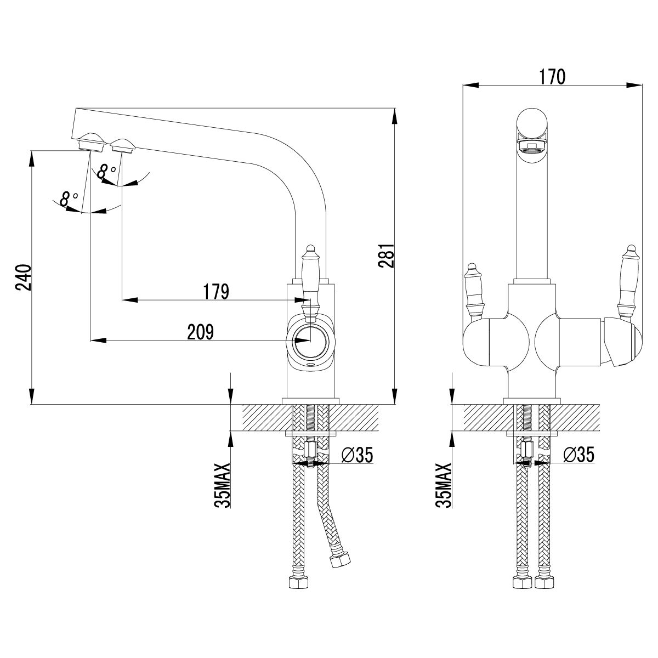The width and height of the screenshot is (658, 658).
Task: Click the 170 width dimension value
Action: (x=552, y=77)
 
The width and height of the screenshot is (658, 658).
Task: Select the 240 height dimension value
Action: (x=22, y=278)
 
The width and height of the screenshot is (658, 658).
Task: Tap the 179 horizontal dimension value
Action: (x=215, y=292)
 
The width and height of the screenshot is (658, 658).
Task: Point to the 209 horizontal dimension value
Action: (x=200, y=332)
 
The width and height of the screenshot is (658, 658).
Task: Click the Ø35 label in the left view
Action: (x=356, y=455)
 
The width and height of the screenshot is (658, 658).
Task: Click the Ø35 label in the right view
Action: (x=579, y=455)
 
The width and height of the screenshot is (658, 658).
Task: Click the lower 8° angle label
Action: (x=68, y=199)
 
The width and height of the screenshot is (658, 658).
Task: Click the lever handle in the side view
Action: (x=310, y=280)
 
